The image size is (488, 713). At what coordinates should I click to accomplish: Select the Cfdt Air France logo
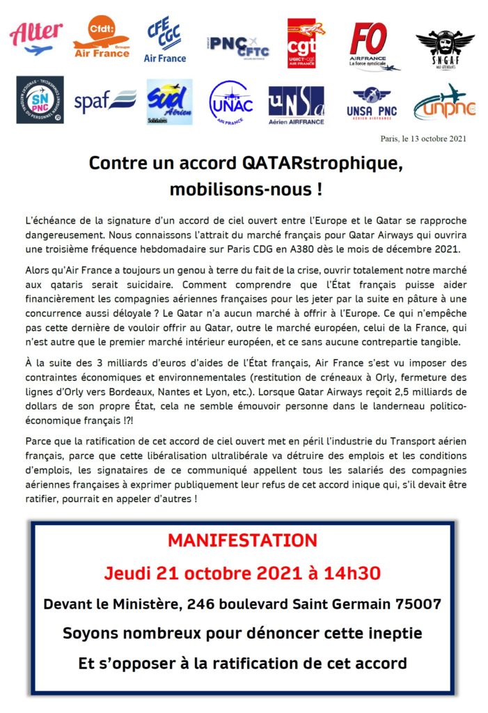[101, 38]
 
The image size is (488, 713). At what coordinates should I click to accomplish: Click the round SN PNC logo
[40, 100]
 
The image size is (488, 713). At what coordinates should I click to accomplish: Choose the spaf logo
[105, 102]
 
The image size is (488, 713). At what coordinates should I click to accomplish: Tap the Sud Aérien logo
[169, 102]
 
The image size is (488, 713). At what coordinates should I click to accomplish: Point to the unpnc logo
[444, 103]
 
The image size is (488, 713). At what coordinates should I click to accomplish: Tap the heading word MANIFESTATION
[243, 540]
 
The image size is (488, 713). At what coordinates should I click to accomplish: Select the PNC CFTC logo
[237, 43]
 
